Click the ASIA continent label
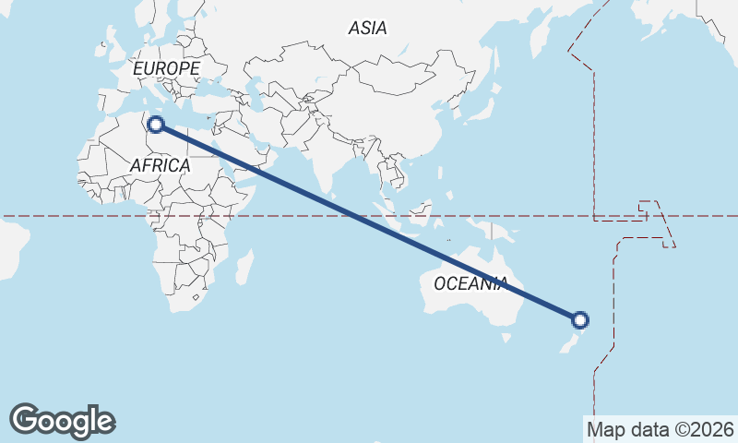click(x=367, y=29)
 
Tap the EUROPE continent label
click(x=166, y=69)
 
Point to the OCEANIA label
click(x=470, y=283)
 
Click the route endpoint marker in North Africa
click(x=156, y=126)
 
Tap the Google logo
click(x=62, y=421)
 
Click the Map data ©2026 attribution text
click(x=661, y=429)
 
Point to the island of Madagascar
click(x=244, y=267)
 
